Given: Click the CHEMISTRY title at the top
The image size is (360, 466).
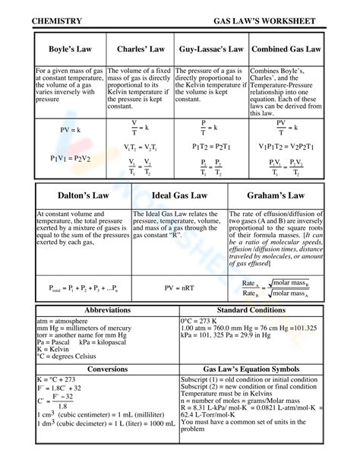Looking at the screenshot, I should click(58, 21).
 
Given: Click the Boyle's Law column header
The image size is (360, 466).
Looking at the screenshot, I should click(70, 49).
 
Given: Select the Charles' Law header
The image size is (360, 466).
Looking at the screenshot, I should click(141, 49).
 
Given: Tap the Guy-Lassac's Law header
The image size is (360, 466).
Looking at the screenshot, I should click(211, 49).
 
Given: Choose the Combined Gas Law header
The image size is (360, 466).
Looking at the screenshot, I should click(286, 49).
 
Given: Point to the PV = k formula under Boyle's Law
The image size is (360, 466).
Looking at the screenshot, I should click(69, 130).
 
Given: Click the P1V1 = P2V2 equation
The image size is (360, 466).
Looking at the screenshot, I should click(70, 158).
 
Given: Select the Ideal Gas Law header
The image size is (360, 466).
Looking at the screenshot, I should click(179, 195).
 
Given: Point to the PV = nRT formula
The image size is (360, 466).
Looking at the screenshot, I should click(179, 289).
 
